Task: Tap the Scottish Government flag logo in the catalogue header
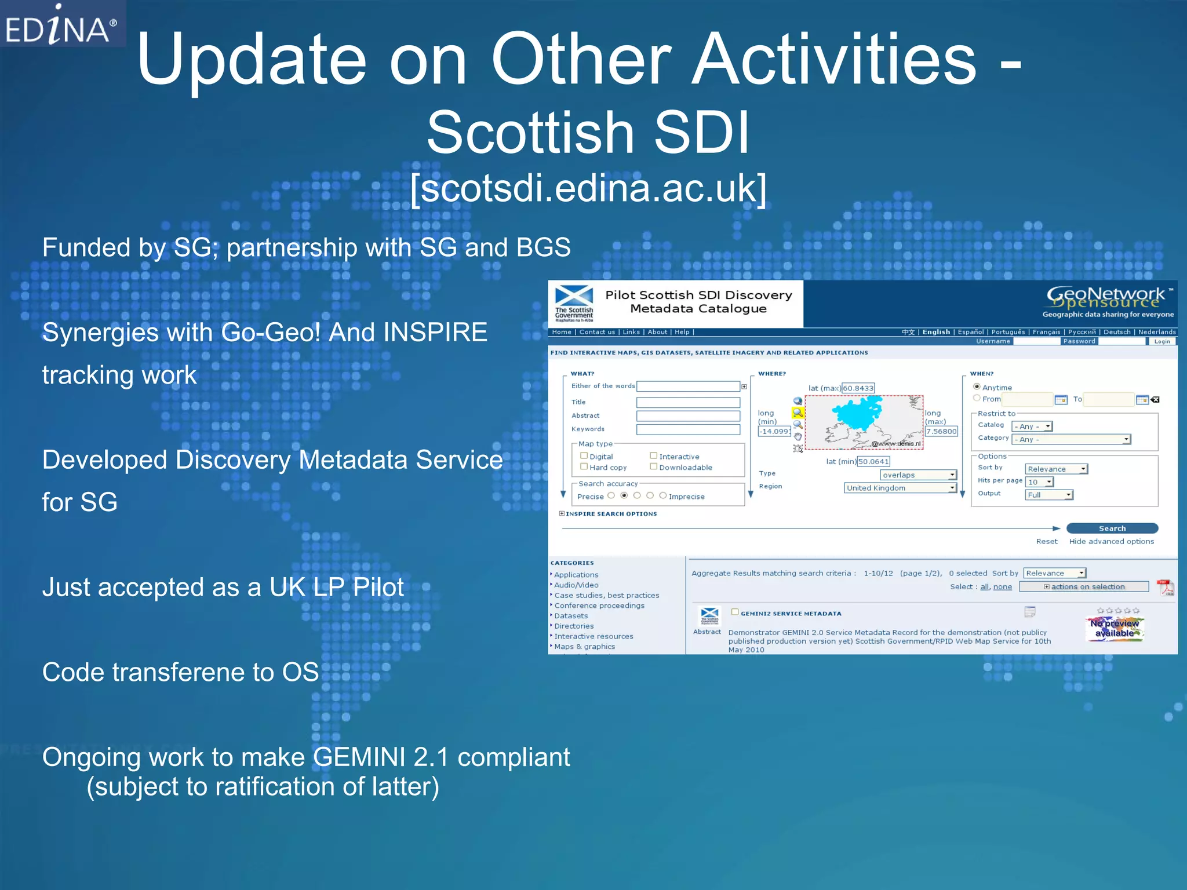point(574,303)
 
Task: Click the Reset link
point(1047,541)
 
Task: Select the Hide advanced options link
point(1111,541)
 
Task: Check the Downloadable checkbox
point(653,466)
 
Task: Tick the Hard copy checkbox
point(584,466)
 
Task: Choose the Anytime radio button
point(977,386)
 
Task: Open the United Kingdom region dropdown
point(900,488)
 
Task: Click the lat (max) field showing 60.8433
point(858,388)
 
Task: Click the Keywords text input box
point(688,429)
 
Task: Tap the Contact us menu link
point(597,332)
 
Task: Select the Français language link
point(1046,332)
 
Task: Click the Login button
point(1161,341)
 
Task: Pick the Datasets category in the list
point(571,616)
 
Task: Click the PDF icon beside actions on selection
point(1165,587)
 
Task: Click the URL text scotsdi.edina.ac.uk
point(588,188)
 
